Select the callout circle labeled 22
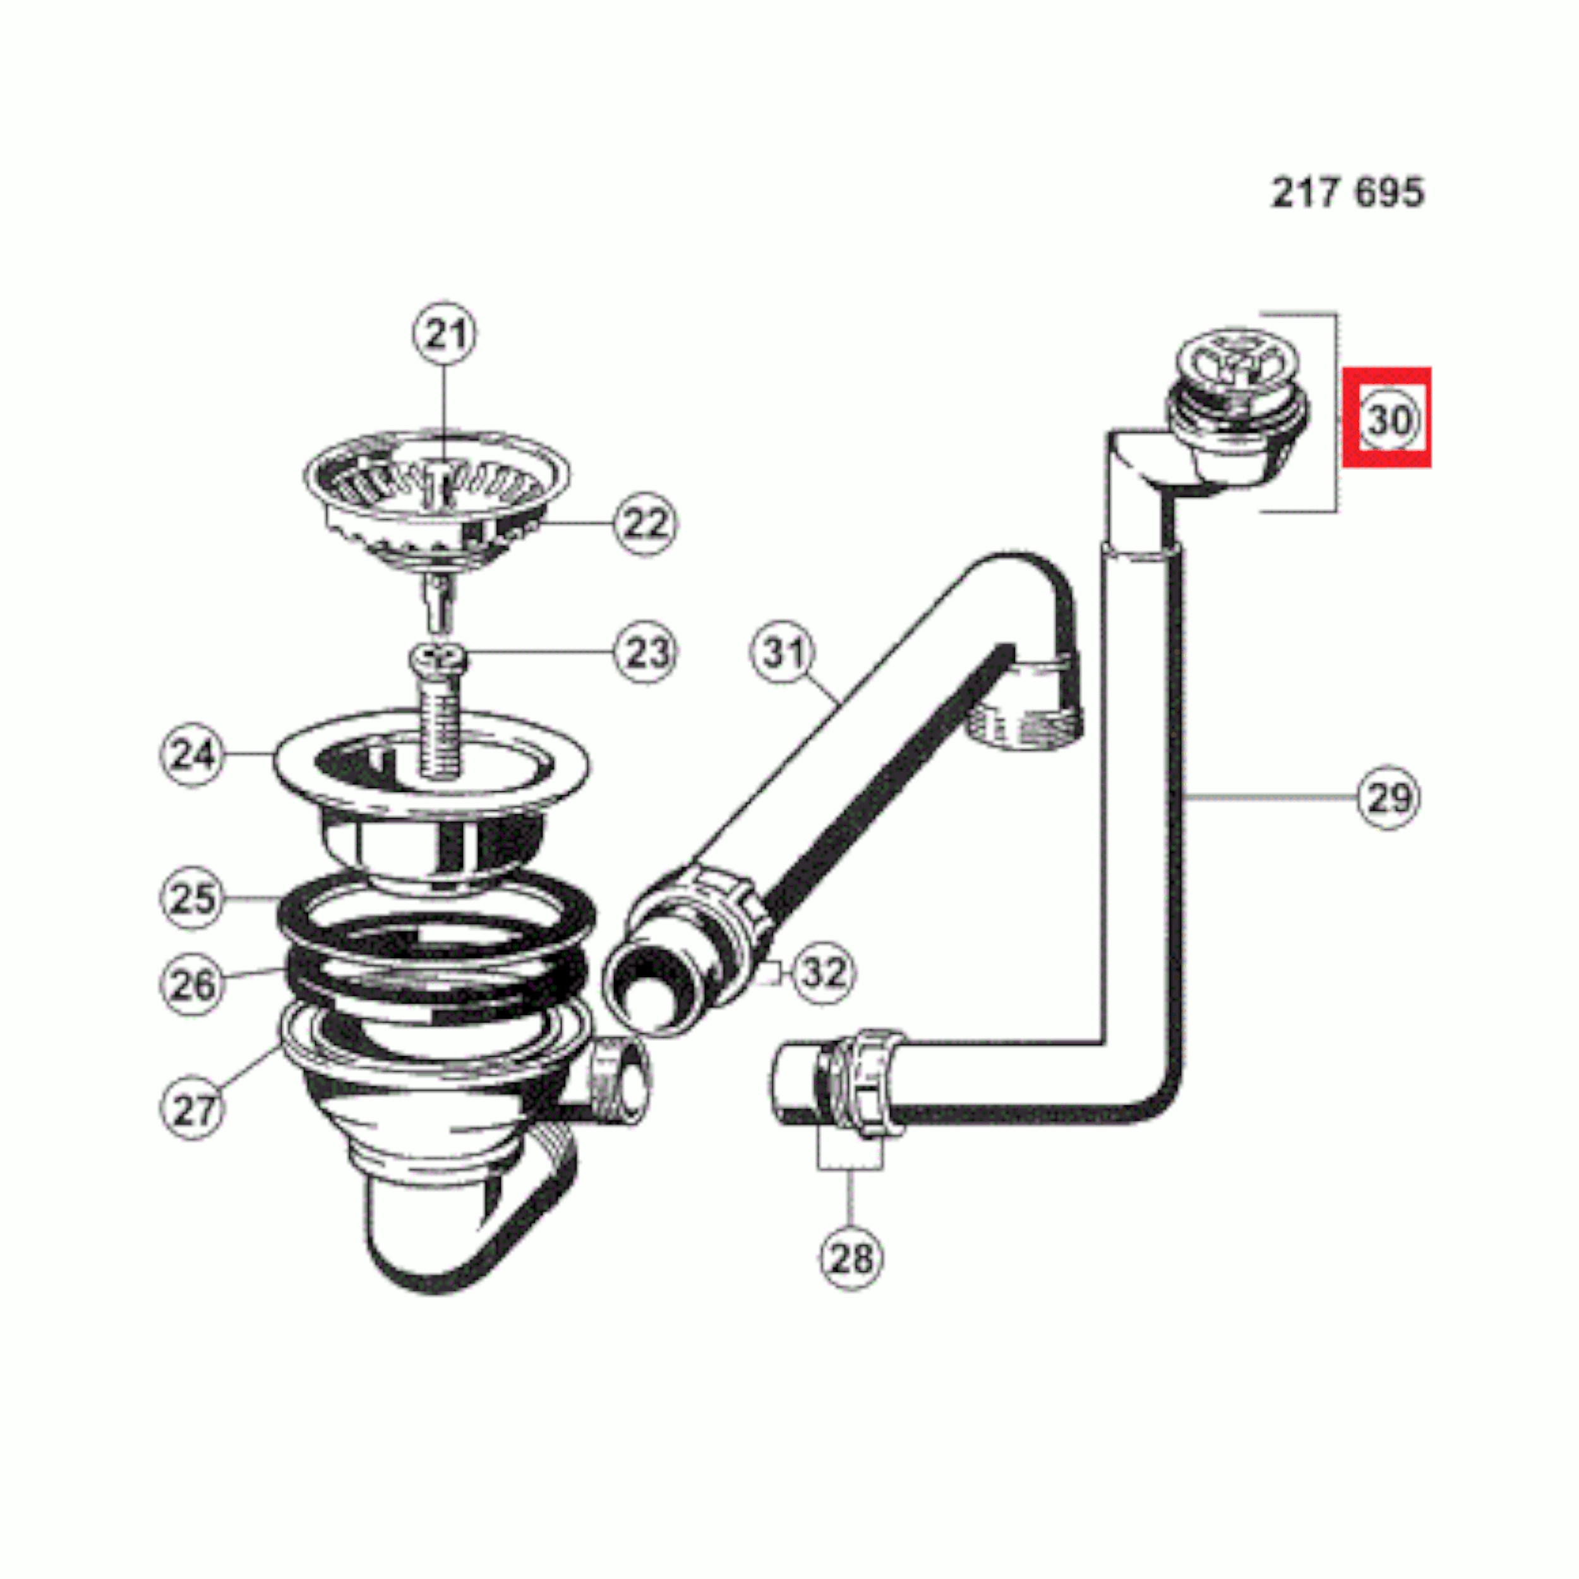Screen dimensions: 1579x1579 click(645, 523)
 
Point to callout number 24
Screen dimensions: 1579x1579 click(192, 754)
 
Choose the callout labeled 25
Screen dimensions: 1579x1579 click(192, 898)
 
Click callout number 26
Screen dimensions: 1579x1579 click(192, 984)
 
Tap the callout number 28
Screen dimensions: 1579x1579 click(851, 1259)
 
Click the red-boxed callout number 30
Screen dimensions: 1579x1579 click(1388, 419)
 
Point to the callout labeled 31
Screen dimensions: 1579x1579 click(783, 652)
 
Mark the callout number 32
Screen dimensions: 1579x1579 click(823, 973)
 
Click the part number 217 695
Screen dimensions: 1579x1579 click(1348, 193)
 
